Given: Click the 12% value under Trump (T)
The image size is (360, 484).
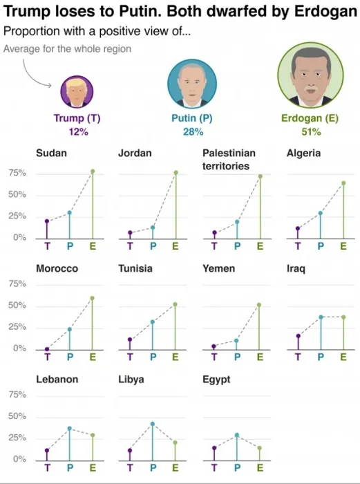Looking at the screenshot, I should [x=77, y=131].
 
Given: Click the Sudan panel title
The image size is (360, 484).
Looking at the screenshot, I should [x=51, y=153].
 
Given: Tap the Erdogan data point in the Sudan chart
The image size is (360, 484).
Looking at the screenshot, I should [x=92, y=171].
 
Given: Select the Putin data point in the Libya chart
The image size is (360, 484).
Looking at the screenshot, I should [x=153, y=424].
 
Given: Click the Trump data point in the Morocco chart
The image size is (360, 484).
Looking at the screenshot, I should [x=47, y=349].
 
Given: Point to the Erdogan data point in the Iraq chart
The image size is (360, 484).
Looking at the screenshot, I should [x=343, y=317].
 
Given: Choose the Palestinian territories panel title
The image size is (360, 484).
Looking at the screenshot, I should [x=229, y=159].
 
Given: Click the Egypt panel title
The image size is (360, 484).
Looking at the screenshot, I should [x=216, y=380].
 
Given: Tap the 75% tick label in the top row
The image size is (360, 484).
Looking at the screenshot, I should [x=17, y=174].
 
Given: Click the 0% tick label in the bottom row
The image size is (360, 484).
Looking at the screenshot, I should [x=19, y=459].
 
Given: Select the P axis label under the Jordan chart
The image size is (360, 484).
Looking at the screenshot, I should [x=153, y=245].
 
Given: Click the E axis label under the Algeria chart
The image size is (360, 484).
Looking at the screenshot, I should [x=343, y=245].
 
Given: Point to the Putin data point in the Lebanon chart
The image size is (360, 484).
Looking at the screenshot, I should [x=69, y=429].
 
